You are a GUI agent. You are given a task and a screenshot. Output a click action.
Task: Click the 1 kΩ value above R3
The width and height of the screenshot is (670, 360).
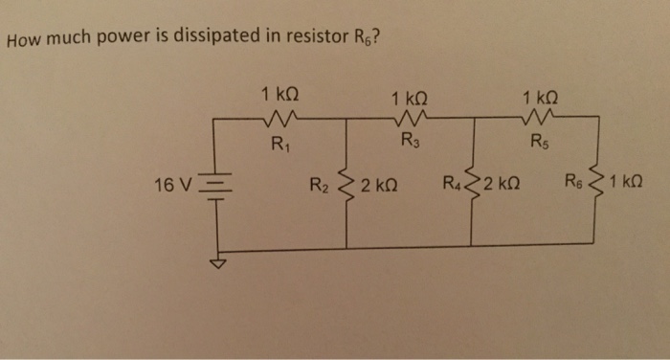point(410,97)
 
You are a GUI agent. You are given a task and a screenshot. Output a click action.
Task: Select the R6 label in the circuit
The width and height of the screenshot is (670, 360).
point(572,181)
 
